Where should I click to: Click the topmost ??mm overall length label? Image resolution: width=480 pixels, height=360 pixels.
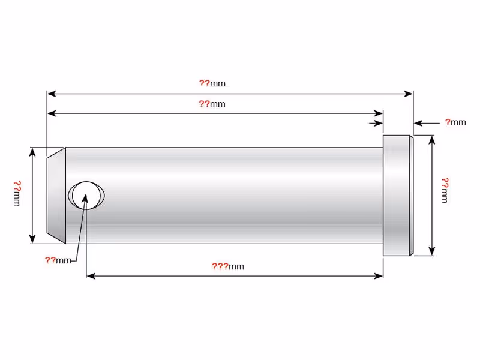212,83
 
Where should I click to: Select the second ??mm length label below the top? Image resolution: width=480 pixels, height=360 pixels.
212,104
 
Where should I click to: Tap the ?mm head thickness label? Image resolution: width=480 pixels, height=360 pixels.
455,122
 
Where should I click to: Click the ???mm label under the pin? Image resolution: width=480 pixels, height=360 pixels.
228,266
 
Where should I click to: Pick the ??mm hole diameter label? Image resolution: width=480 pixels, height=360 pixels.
58,260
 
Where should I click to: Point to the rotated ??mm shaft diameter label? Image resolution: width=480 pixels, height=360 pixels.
17,193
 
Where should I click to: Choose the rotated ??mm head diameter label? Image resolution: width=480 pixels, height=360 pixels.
445,190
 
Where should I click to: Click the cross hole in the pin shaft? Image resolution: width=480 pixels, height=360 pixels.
86,196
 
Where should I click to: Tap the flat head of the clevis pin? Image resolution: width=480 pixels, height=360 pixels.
398,196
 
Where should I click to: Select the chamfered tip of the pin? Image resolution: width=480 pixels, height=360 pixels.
56,196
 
